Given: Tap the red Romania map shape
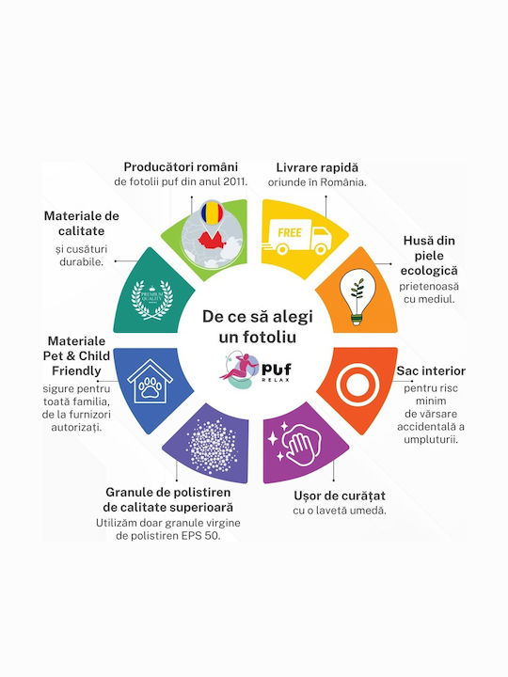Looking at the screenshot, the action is point(212,240).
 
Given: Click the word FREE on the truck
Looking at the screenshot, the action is point(290,233).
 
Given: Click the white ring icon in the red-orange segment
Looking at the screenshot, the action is point(357,386).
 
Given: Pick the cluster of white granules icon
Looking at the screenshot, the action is point(213,446).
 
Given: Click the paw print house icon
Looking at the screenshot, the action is point(150,381).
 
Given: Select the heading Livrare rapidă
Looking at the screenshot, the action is point(317,167).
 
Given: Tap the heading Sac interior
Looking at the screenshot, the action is point(431,370).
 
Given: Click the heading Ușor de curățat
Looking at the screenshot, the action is point(340,496).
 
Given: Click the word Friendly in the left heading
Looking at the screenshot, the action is point(76,370).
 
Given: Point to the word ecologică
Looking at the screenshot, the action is point(429,271).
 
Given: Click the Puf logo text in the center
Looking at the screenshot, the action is point(277,370).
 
